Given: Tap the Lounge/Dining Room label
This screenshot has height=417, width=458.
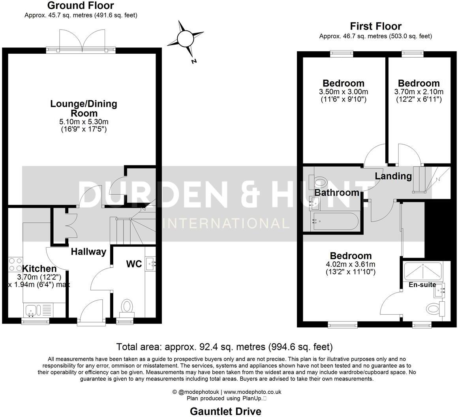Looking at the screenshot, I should (83, 109).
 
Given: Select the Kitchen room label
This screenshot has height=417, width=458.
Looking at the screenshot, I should (39, 269).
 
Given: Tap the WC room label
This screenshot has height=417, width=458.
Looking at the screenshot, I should (134, 264).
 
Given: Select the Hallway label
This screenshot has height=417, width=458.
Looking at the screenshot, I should (88, 252).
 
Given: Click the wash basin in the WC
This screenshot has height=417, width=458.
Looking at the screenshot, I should (150, 263).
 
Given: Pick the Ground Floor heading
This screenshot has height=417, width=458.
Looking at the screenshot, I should (81, 6).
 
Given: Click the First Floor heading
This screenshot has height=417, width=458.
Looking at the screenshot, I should (375, 26).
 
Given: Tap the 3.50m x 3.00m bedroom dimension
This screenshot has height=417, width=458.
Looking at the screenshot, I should (343, 92).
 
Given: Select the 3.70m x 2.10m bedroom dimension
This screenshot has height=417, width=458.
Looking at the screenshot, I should (419, 92).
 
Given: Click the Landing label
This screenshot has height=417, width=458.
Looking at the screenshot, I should (393, 176).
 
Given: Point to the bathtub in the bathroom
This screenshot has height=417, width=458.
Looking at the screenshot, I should (335, 222).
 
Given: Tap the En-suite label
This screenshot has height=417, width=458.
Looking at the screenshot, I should (422, 284).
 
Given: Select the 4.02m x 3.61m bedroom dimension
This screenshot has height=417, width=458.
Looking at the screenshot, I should (351, 264).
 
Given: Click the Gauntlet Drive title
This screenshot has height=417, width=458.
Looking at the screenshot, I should (225, 411).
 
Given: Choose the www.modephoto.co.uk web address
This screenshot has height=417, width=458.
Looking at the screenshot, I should (252, 392).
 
